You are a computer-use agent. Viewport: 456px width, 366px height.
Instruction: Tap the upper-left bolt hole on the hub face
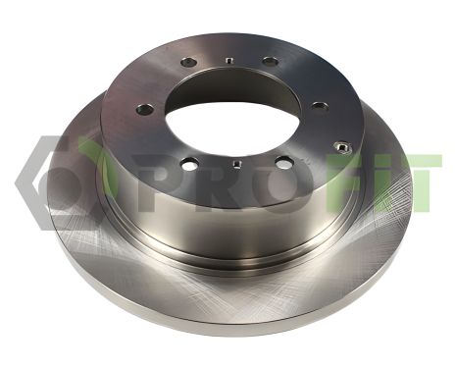(x=189, y=62)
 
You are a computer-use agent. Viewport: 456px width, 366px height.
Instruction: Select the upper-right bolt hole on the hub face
(x=271, y=61)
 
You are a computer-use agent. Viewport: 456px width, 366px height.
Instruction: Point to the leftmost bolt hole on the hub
(x=145, y=110)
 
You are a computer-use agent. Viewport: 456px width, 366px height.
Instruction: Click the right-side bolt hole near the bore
(x=321, y=106)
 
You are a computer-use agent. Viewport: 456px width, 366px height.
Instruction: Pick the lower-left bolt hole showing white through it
(x=190, y=163)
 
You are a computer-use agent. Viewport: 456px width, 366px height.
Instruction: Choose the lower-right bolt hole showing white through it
(x=284, y=162)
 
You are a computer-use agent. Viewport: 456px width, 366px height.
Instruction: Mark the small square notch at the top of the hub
(x=229, y=60)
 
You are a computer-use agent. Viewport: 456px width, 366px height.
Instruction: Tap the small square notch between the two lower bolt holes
(x=236, y=163)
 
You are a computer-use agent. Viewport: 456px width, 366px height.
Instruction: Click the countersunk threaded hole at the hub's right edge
(x=342, y=147)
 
